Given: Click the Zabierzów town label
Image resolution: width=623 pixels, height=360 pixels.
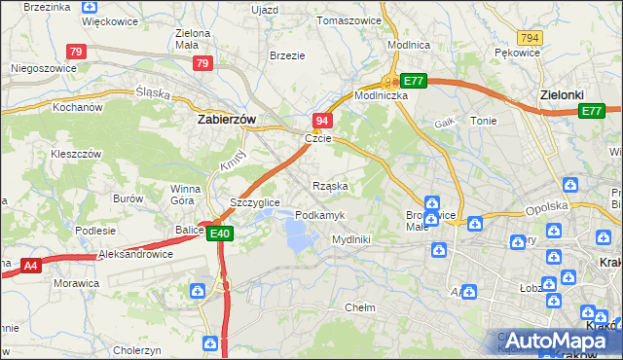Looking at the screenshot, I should [x=226, y=119].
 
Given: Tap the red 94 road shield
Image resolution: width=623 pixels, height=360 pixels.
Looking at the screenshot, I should [x=323, y=120].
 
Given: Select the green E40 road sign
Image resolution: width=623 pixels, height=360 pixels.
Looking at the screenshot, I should [x=220, y=234].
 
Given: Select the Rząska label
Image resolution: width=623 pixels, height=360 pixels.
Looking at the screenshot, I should [x=330, y=185].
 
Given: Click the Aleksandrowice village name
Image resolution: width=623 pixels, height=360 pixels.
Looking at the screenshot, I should [x=135, y=254].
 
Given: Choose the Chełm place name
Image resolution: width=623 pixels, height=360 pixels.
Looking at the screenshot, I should [x=360, y=307].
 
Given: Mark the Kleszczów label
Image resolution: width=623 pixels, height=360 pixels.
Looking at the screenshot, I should [x=76, y=154].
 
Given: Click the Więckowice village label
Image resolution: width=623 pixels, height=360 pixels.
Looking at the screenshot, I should [x=109, y=20].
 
